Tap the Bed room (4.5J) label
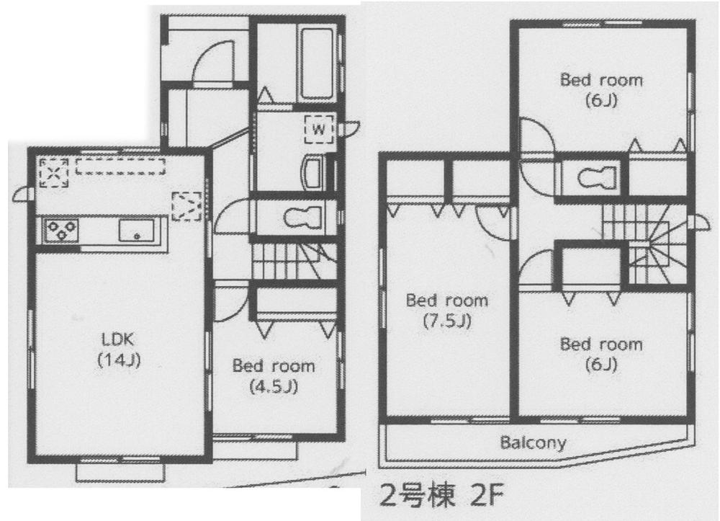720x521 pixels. [x=273, y=375]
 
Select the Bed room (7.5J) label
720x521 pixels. [x=446, y=310]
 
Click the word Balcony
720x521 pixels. [x=533, y=442]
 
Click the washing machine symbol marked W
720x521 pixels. [x=318, y=128]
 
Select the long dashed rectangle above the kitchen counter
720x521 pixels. [x=120, y=166]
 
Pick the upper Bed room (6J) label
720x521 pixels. [x=601, y=89]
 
